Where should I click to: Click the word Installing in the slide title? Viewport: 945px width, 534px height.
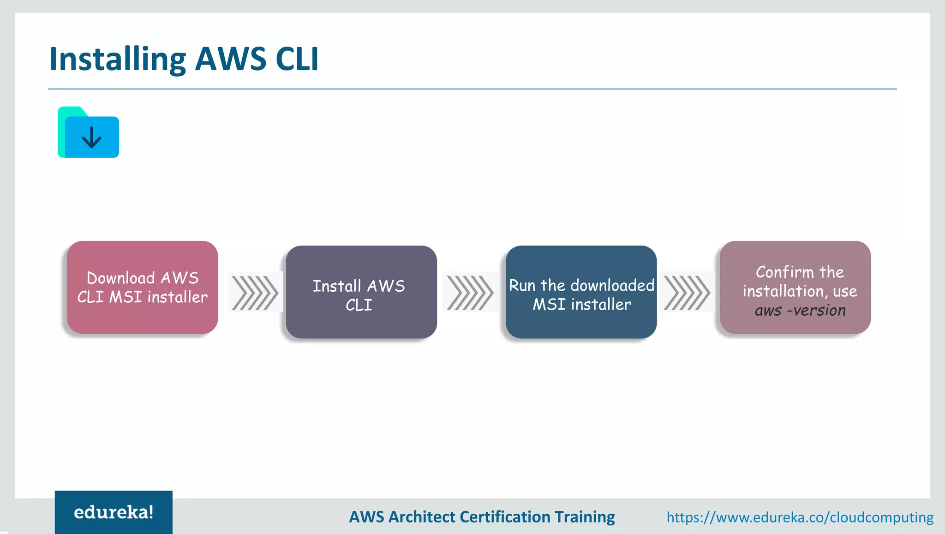click(x=118, y=59)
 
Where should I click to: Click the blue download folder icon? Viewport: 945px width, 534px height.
click(x=89, y=132)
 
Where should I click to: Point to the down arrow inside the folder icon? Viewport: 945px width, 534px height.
click(x=91, y=137)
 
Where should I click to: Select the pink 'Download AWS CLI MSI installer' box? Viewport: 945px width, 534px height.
click(x=142, y=287)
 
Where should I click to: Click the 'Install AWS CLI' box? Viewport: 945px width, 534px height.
click(x=361, y=292)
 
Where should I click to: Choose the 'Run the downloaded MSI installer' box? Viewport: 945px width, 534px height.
click(x=581, y=292)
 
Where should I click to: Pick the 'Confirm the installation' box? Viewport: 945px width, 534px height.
click(x=795, y=287)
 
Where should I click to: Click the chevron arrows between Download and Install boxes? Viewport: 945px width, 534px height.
click(x=254, y=293)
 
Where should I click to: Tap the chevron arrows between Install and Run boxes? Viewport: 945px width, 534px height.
click(x=470, y=293)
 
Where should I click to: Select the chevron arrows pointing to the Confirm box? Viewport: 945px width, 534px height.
click(x=687, y=293)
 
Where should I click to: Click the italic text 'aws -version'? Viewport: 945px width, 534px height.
click(x=800, y=311)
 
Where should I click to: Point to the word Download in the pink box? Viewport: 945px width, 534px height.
click(x=121, y=278)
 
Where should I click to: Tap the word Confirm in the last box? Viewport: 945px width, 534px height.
click(x=784, y=272)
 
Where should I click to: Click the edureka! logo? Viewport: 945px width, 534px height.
click(x=114, y=512)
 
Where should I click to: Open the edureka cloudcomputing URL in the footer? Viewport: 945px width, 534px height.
click(x=800, y=517)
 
